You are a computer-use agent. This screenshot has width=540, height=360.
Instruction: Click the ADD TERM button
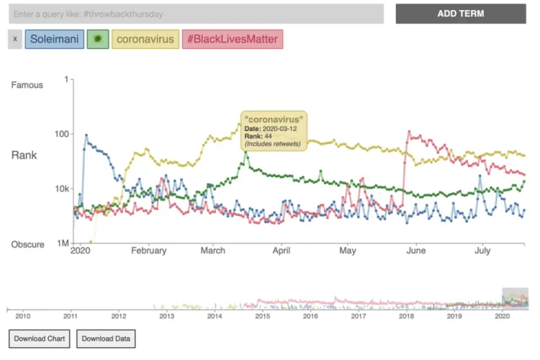461,14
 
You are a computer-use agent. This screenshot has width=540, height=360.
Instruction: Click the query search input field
192,14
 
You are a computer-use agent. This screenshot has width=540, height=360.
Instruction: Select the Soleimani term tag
54,39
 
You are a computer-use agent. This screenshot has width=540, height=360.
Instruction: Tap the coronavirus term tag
145,39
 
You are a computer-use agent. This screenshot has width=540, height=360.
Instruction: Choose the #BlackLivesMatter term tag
232,39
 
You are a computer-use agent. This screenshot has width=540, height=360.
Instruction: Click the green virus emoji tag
97,39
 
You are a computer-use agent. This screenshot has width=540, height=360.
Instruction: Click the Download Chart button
40,338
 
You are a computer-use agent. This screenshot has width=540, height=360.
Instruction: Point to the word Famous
27,85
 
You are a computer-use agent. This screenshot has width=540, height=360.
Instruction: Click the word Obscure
27,245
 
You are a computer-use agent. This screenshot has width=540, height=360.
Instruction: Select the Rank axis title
24,155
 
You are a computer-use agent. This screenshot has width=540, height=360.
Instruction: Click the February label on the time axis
149,251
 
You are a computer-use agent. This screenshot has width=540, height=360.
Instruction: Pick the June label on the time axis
416,251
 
